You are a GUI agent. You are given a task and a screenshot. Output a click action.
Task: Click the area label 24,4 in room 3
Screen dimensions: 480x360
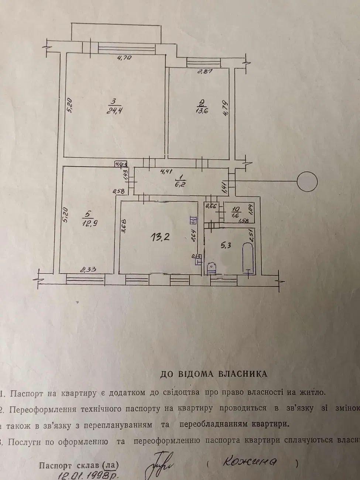click(113, 110)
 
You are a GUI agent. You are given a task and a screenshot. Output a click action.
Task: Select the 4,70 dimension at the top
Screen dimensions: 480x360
click(125, 58)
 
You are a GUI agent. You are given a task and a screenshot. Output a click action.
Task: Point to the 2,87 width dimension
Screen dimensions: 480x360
click(204, 72)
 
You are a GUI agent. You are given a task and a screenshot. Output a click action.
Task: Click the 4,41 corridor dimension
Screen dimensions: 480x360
click(167, 171)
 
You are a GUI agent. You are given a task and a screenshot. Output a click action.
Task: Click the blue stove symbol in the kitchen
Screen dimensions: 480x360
click(193, 221)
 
